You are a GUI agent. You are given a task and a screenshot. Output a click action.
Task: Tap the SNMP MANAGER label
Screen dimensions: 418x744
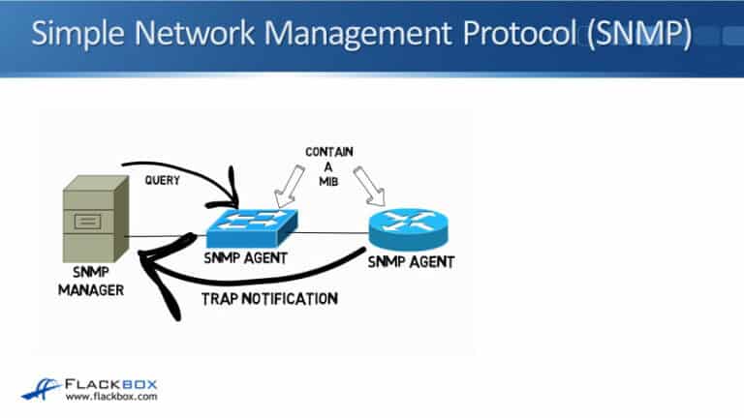pos(91,280)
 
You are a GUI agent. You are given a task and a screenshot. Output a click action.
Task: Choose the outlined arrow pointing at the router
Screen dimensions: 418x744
pos(372,184)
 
